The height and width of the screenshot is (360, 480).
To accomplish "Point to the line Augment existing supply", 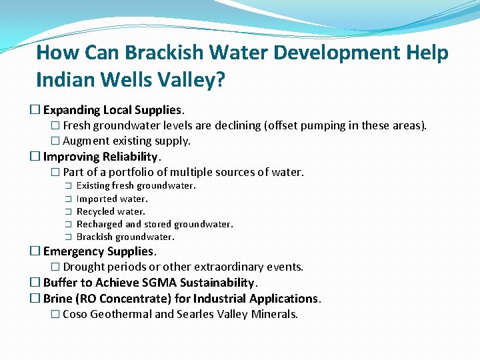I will point(126,141).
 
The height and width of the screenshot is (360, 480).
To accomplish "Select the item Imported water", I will point(112,199).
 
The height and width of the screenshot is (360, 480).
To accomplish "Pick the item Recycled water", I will point(111,211).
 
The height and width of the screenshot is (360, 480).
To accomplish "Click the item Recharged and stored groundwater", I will point(155,224).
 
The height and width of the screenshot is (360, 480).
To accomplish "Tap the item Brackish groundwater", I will point(125,237).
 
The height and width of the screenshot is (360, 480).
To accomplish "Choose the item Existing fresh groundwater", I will point(136,186).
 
